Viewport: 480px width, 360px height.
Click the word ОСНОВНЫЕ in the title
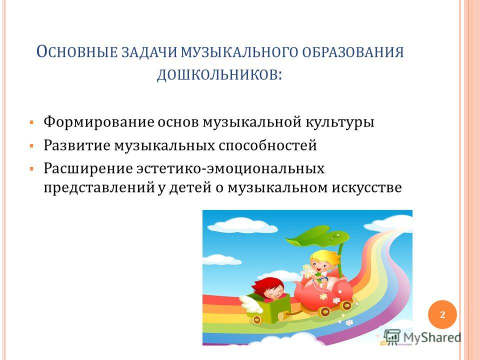point(77,52)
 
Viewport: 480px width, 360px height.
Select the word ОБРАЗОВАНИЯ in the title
point(353,52)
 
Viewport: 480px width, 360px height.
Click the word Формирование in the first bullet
point(99,122)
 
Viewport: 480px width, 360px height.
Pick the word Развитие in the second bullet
point(77,145)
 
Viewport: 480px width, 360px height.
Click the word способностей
point(267,145)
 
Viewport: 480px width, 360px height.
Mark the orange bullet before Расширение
point(31,169)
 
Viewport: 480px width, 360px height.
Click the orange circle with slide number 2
point(442,314)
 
